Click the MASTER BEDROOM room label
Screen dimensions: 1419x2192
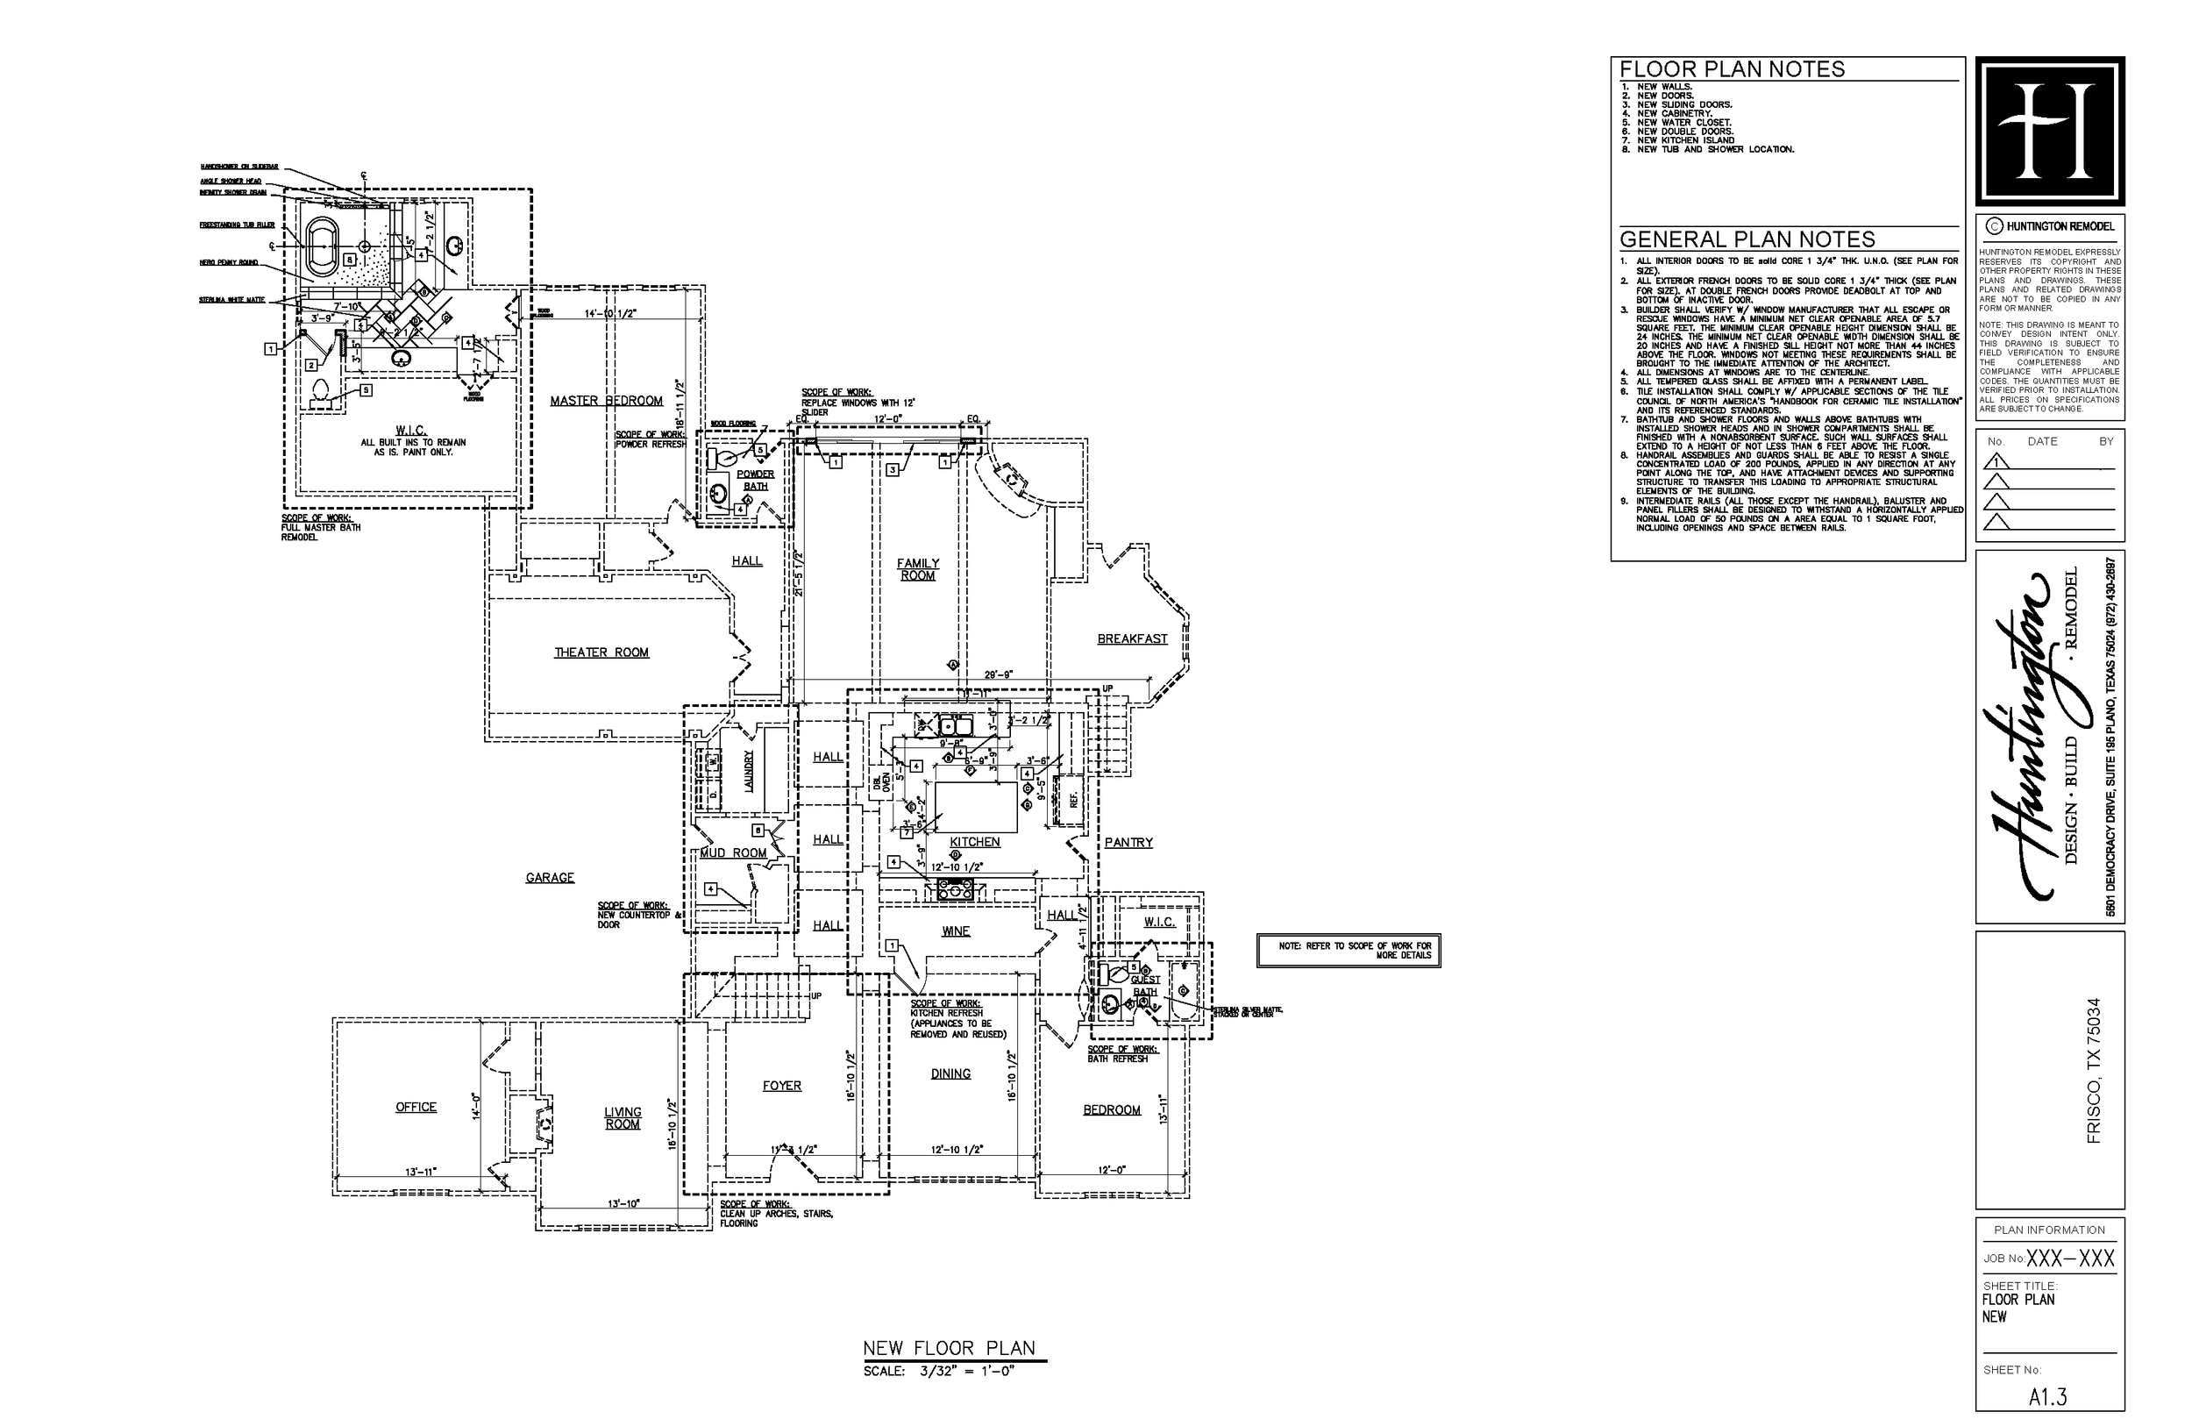pos(606,401)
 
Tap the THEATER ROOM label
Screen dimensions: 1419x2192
pos(601,652)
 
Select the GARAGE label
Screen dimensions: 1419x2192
pos(550,878)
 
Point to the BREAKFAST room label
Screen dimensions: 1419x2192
pos(1132,638)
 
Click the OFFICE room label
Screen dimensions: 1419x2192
pos(416,1107)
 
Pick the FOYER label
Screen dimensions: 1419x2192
pos(781,1086)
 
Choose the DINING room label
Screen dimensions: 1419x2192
pos(950,1073)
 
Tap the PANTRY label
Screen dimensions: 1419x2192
pos(1128,842)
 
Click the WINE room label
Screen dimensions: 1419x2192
pos(955,931)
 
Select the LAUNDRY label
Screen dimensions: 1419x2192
pos(749,770)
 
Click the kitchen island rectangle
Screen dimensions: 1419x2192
pos(976,807)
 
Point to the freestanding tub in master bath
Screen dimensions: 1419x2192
pos(322,246)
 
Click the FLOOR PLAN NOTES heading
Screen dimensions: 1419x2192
pos(1732,70)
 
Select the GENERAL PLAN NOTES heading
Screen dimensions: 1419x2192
pos(1747,239)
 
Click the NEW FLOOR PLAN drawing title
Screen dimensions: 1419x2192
pos(949,1348)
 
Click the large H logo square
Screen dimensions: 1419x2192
pos(2049,131)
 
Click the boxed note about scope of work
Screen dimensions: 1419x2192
pos(1348,951)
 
